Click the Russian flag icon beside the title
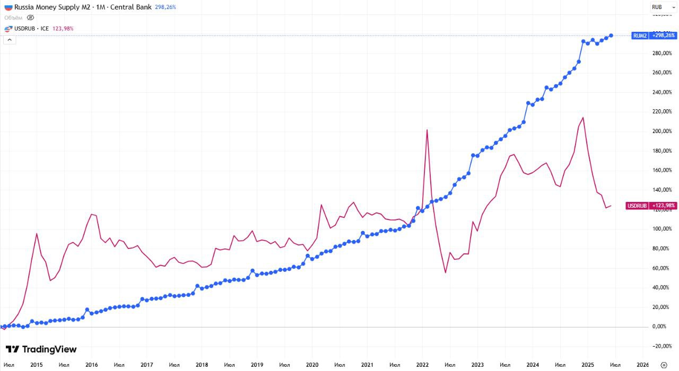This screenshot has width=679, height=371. click(8, 7)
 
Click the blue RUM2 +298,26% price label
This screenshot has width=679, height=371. click(654, 36)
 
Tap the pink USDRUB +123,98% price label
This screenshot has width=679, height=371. click(651, 206)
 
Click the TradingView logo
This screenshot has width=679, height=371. click(41, 349)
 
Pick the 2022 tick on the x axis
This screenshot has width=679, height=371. click(422, 365)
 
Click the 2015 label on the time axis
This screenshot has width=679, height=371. click(37, 365)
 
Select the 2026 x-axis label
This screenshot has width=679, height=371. click(642, 365)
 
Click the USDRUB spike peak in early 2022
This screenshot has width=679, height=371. click(427, 130)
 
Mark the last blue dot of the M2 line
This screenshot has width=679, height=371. click(612, 36)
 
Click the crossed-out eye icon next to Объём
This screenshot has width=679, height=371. click(31, 17)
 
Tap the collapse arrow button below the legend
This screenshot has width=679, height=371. click(10, 39)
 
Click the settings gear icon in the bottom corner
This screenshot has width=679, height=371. click(663, 365)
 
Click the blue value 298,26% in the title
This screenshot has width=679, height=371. click(166, 7)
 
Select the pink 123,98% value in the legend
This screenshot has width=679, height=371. click(63, 28)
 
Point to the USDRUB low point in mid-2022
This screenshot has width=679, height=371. click(446, 272)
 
